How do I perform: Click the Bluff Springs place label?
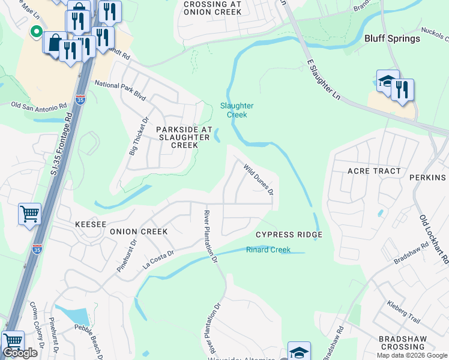[x=392, y=38]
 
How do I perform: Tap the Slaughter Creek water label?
[x=237, y=110]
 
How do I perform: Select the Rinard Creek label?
[x=268, y=250]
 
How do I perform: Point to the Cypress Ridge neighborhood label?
[x=289, y=235]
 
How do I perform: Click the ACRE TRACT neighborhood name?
[x=374, y=171]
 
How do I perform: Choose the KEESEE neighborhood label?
[x=91, y=224]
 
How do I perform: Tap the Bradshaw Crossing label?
[x=402, y=343]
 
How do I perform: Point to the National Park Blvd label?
[x=121, y=90]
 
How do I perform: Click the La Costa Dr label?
[x=158, y=259]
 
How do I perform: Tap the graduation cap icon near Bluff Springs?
[x=388, y=82]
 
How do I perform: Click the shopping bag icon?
[x=55, y=43]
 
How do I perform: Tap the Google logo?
[x=20, y=353]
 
